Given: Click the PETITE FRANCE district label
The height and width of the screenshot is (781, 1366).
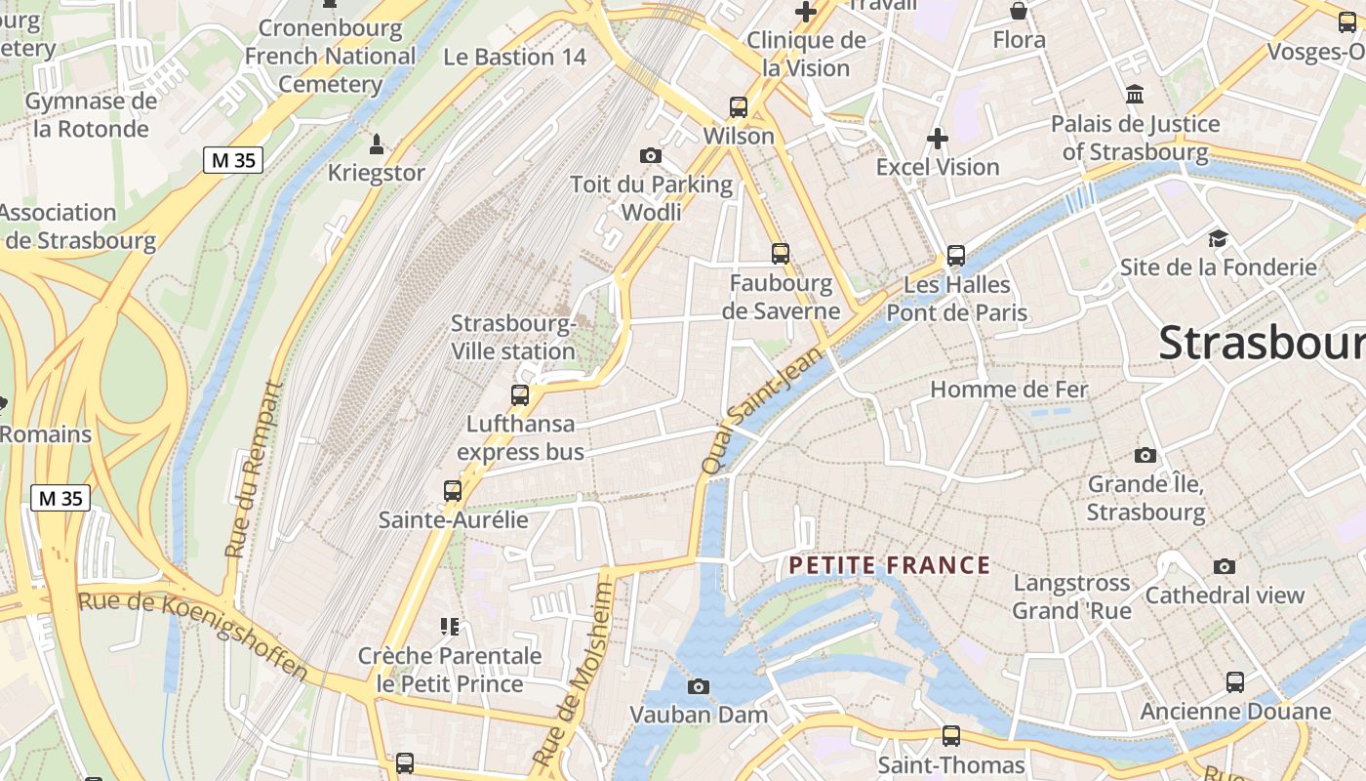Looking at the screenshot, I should (889, 565).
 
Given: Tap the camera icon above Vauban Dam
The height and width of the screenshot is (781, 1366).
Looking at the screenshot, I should (698, 686).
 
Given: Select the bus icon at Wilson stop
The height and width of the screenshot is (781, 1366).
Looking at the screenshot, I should (739, 107).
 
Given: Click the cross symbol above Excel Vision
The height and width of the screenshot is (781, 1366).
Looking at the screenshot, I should (938, 139).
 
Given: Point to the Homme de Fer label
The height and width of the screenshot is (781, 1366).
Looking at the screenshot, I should (1009, 390).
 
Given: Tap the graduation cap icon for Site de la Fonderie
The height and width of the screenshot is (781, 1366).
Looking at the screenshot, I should (1218, 239).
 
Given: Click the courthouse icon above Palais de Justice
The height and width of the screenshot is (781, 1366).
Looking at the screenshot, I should (1135, 96).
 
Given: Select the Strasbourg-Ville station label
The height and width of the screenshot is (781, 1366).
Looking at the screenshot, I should (513, 338).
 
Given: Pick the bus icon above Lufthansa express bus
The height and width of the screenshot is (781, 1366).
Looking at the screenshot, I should (520, 395).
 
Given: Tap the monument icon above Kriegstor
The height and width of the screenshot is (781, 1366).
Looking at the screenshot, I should (377, 145).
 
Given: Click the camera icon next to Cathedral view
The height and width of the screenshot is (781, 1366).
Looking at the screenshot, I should (1224, 566).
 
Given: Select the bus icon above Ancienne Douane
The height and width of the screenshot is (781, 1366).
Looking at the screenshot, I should (1235, 682).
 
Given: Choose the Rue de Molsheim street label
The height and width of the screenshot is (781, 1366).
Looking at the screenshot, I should (575, 674).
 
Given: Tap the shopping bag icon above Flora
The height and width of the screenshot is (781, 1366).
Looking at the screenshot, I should (1019, 12).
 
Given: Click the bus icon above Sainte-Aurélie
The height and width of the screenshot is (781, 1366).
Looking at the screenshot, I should (453, 491).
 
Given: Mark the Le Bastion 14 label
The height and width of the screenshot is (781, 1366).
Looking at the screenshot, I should (515, 57).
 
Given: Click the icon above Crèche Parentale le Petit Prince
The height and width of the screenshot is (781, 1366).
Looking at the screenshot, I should (450, 626).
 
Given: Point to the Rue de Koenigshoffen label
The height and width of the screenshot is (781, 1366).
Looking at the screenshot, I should (193, 635).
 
